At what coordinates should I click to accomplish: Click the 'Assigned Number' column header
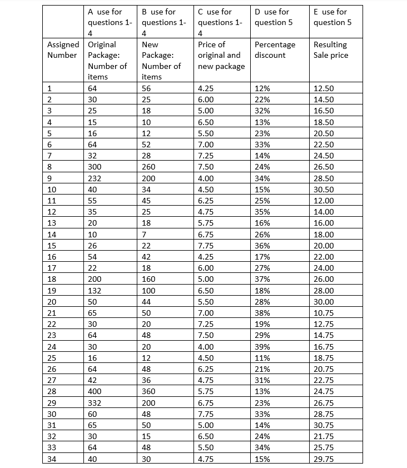coord(62,49)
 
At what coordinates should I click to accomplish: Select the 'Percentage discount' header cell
coord(275,49)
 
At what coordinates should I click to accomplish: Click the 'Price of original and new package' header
coord(221,55)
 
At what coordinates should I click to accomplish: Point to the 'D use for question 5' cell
coord(271,17)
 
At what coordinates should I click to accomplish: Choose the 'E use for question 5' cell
coord(330,17)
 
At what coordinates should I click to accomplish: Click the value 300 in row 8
coord(95,167)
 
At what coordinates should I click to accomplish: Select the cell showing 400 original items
coord(95,391)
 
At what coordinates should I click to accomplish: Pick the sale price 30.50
coord(324,190)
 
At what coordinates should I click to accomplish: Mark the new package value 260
coord(150,167)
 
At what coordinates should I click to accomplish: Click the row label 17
coord(51,268)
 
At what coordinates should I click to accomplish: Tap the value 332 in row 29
coord(95,402)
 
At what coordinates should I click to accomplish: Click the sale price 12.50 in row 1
coord(324,88)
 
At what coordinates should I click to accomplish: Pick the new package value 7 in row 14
coord(145,234)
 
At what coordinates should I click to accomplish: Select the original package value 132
coord(95,290)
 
